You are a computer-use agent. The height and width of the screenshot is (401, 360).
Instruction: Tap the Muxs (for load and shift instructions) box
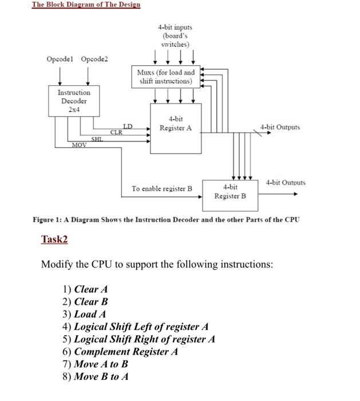click(165, 77)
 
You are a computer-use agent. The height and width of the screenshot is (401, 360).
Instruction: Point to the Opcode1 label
click(60, 59)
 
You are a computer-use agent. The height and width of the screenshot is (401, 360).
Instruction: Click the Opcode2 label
click(94, 59)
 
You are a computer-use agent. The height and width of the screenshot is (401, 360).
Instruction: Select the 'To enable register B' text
click(162, 188)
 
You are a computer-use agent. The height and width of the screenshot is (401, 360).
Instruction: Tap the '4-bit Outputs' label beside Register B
click(286, 183)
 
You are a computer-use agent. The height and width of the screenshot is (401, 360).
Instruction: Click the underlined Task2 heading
click(54, 239)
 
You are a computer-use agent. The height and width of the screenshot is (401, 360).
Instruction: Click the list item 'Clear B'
click(91, 301)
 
